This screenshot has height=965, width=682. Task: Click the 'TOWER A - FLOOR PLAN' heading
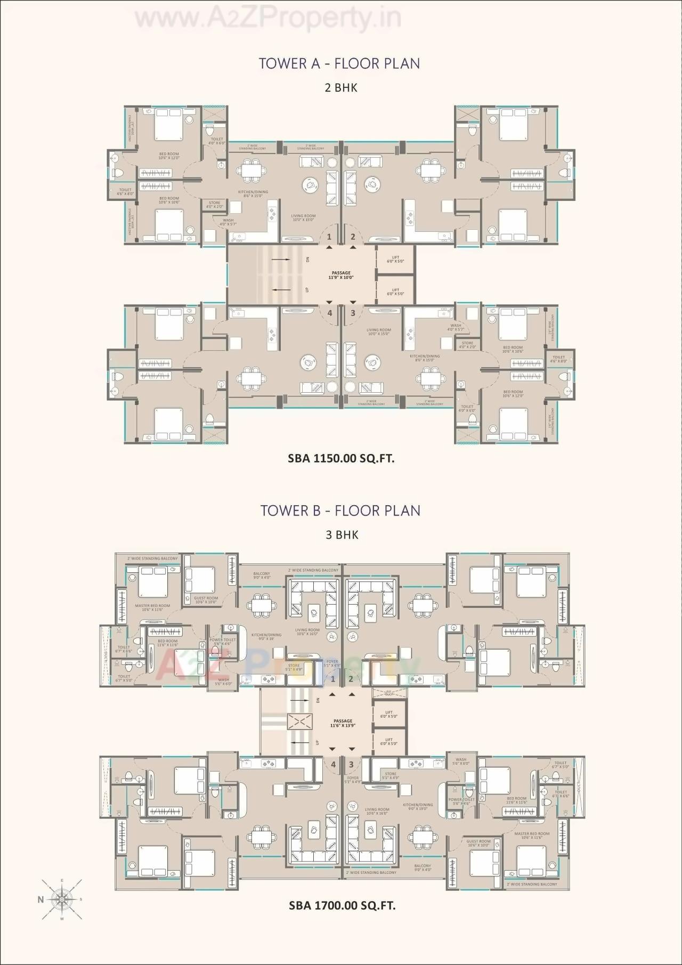[339, 63]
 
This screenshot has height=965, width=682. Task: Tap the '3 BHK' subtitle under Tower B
[342, 534]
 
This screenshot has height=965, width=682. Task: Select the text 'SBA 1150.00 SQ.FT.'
[341, 458]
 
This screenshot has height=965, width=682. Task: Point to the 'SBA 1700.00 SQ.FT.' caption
[342, 905]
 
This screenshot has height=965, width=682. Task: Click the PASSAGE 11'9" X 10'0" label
[341, 275]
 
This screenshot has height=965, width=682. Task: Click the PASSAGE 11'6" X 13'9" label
[343, 723]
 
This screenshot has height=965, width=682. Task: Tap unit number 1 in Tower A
[329, 237]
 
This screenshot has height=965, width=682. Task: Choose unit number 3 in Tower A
[352, 313]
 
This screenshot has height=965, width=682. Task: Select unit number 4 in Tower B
[333, 765]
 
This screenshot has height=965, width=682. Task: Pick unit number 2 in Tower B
[351, 679]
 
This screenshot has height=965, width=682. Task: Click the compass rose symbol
[62, 899]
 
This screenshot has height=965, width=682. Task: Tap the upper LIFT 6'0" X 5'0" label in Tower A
[395, 260]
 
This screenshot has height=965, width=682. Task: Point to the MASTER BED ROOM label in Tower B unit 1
[152, 607]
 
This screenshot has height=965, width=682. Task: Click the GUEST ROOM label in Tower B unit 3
[478, 843]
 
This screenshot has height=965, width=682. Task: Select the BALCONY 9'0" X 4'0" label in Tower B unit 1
[262, 575]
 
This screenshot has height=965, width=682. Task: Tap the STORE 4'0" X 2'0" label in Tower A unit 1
[215, 205]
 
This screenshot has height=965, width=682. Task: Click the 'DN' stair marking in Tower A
[307, 260]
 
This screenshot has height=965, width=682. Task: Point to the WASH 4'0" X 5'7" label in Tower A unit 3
[456, 327]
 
